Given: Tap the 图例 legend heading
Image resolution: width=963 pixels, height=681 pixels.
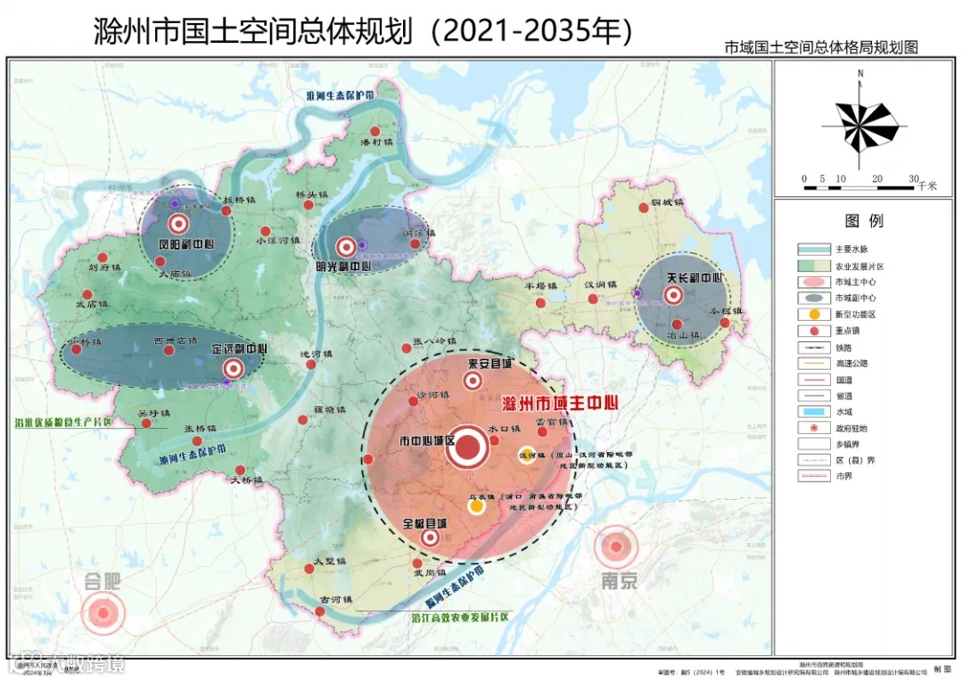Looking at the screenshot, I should (x=863, y=221).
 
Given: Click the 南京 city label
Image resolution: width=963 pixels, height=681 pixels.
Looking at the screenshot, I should (x=619, y=581).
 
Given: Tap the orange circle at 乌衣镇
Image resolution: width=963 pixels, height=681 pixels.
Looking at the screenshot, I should (x=477, y=506).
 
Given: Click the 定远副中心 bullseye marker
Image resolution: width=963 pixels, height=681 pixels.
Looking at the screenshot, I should (x=234, y=367).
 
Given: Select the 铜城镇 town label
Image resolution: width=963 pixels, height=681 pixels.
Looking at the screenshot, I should (x=666, y=202).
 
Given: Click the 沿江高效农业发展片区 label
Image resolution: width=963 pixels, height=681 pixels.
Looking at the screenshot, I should (x=460, y=616).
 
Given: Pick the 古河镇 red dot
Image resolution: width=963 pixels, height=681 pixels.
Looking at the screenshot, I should (x=320, y=611).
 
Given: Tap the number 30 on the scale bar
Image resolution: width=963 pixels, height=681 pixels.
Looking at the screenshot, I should (x=913, y=179).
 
